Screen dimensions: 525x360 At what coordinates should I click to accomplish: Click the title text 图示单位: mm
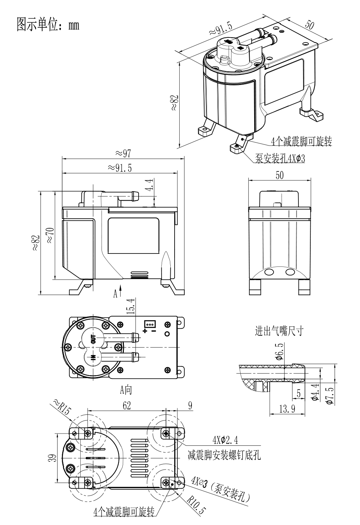click(x=48, y=25)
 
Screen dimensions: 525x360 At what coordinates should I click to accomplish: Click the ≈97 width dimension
click(x=123, y=153)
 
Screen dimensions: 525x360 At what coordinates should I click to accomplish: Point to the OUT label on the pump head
click(x=94, y=339)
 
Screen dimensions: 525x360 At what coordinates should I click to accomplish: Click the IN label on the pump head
click(x=93, y=358)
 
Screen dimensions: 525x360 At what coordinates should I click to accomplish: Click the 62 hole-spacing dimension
click(x=127, y=405)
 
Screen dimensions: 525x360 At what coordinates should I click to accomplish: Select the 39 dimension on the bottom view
click(x=53, y=458)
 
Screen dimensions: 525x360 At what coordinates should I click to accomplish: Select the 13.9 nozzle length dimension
click(x=287, y=408)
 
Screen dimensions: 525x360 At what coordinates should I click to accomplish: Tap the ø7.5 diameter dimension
click(x=329, y=395)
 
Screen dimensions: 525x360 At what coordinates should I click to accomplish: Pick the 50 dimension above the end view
click(x=279, y=175)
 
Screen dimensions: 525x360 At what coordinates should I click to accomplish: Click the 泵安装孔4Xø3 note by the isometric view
click(x=280, y=158)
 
